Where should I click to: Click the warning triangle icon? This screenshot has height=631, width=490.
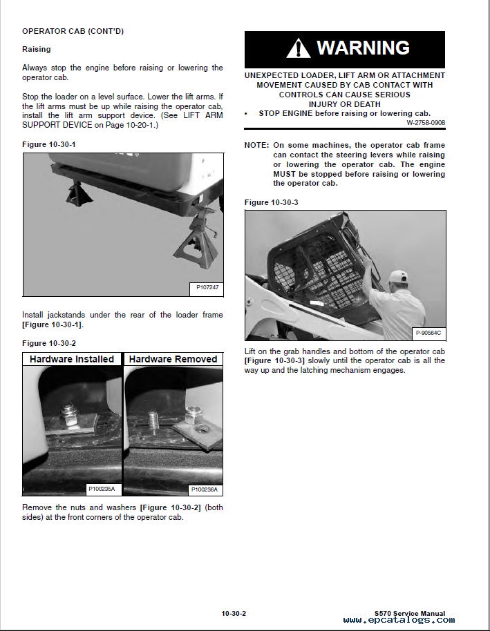(x=299, y=48)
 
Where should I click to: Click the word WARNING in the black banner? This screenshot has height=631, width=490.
(x=363, y=48)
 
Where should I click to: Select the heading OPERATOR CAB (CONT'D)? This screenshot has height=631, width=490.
(x=73, y=31)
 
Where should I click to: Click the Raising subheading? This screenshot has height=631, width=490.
(x=36, y=50)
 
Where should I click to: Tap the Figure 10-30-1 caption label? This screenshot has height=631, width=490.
(x=49, y=144)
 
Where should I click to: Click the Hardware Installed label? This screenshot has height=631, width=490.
(x=72, y=359)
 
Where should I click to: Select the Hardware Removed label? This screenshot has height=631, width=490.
(x=173, y=359)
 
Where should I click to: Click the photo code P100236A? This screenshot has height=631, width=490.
(x=204, y=489)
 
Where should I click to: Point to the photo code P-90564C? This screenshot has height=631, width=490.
(x=428, y=333)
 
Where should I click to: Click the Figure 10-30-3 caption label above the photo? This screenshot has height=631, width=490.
(x=272, y=202)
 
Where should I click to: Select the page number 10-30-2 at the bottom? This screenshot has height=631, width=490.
(x=234, y=613)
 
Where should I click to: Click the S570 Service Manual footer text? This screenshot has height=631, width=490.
(x=409, y=613)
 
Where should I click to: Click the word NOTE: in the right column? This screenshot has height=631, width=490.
(x=257, y=145)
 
